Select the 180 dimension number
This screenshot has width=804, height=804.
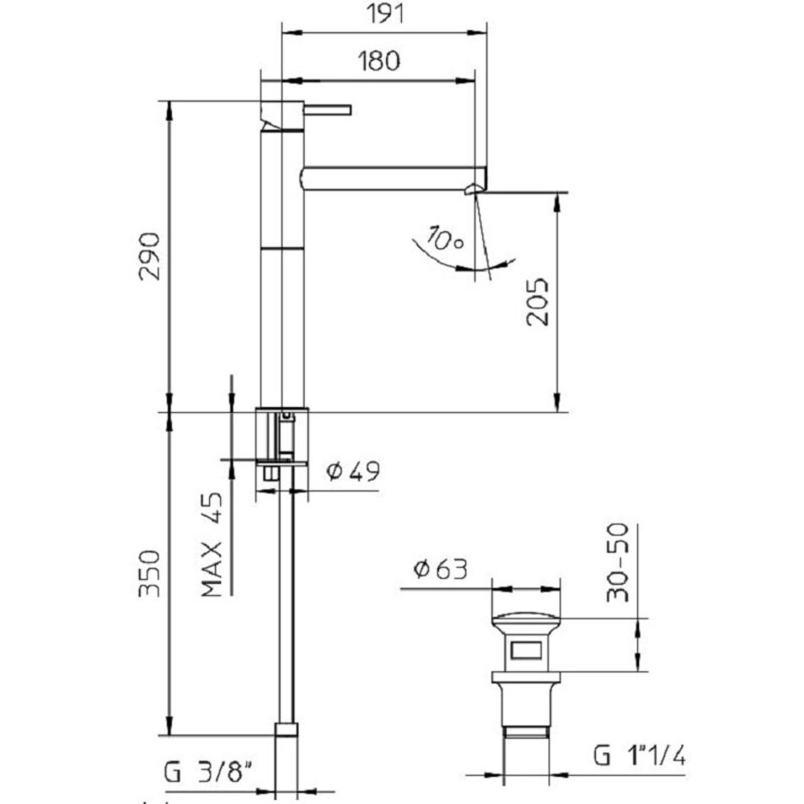(379, 61)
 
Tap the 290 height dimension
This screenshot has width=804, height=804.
(150, 256)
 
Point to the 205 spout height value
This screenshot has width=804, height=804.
(537, 302)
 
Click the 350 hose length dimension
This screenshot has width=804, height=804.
(150, 574)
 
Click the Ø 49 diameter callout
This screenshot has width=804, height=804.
(353, 471)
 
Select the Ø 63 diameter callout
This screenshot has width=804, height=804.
(440, 569)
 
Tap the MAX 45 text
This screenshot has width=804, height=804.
(212, 545)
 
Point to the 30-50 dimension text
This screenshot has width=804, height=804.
(617, 562)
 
